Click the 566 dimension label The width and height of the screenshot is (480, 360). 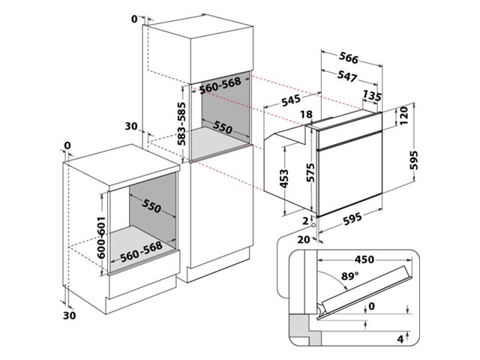(x=349, y=58)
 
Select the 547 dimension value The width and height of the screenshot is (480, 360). (x=347, y=76)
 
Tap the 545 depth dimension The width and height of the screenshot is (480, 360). (x=291, y=100)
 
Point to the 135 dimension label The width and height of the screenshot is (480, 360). (x=372, y=96)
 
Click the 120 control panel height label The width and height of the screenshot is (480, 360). (x=404, y=115)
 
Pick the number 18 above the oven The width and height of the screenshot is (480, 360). (x=307, y=114)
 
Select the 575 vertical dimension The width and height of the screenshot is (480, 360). (x=310, y=172)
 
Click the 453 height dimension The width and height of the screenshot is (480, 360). (x=284, y=178)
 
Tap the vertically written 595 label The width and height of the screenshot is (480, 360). (x=413, y=160)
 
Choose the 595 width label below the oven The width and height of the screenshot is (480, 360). (x=352, y=218)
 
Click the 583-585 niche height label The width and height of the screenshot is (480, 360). (x=181, y=124)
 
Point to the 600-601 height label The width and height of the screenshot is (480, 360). (x=101, y=238)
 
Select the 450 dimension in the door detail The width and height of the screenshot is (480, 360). (x=364, y=259)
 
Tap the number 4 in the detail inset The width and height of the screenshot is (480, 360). (x=400, y=339)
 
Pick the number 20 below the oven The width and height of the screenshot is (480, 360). (x=304, y=239)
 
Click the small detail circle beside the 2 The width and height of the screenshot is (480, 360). (x=313, y=225)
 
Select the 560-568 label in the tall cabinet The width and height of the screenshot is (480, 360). (x=220, y=85)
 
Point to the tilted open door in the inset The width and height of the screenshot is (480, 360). (x=365, y=292)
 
